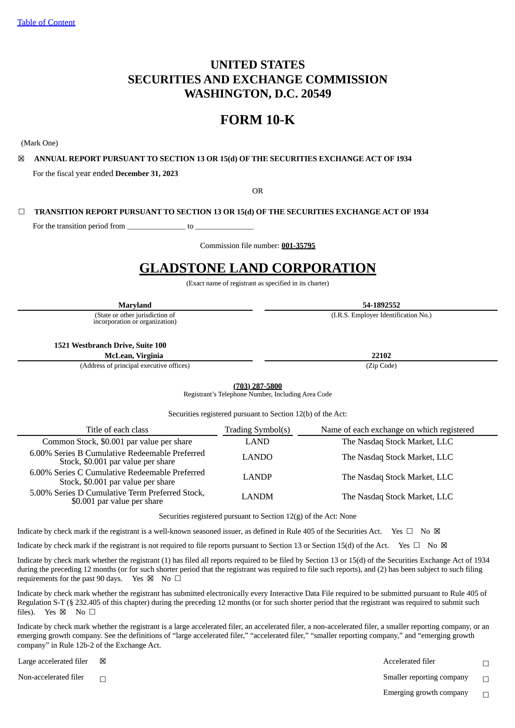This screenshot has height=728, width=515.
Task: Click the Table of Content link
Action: tap(46, 22)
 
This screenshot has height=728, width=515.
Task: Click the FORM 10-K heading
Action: tap(257, 120)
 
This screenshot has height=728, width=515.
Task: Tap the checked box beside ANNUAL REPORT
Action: tap(21, 159)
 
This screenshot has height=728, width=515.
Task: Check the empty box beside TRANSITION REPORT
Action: tap(21, 212)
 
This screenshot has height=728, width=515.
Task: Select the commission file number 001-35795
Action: tap(298, 245)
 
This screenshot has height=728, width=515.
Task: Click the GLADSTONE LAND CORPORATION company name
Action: tap(257, 268)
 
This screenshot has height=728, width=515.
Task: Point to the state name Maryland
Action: tap(135, 305)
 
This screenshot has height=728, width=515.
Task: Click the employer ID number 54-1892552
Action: tap(381, 305)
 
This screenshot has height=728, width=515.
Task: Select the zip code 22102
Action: tap(381, 355)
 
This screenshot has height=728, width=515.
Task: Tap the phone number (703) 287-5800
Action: tap(257, 386)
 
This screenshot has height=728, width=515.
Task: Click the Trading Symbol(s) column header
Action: tap(257, 430)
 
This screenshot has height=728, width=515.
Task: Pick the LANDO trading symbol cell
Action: tap(257, 457)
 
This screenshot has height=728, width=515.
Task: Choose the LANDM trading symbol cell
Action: tap(257, 497)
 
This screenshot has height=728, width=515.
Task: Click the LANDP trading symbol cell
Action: tap(257, 477)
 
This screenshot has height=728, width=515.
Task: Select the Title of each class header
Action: tap(117, 430)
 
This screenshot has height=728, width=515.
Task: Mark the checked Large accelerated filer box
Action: tap(103, 661)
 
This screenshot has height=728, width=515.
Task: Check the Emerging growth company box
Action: tap(486, 695)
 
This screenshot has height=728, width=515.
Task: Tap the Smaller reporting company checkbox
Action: tap(486, 679)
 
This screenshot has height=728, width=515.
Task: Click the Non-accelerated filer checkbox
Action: tap(103, 679)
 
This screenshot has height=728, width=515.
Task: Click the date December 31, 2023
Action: tap(146, 174)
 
